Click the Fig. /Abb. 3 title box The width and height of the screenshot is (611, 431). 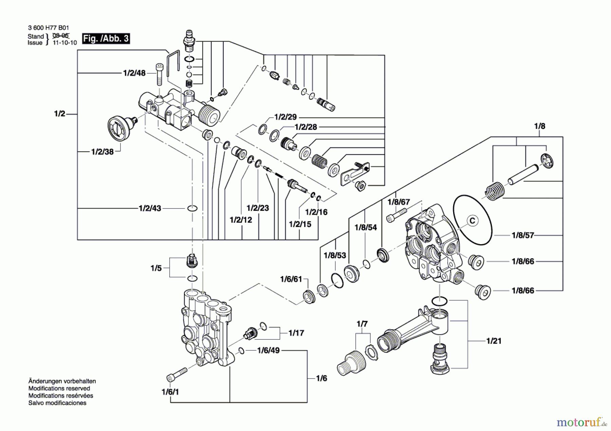click(x=106, y=38)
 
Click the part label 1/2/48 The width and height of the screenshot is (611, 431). click(x=134, y=73)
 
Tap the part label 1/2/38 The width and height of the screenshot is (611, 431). click(x=102, y=152)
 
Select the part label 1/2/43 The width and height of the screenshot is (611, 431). click(x=150, y=208)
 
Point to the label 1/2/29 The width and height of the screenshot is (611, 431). click(x=285, y=117)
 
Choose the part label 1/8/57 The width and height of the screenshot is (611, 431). click(x=523, y=235)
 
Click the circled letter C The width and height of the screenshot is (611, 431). click(x=472, y=221)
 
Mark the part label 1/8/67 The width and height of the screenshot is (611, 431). click(x=399, y=202)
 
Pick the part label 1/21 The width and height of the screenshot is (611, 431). click(x=494, y=341)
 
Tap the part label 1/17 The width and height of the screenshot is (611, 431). click(x=296, y=333)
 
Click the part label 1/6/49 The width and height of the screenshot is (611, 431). click(x=268, y=350)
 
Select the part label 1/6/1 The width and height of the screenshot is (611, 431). click(x=170, y=392)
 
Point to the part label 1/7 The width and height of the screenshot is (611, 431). click(x=362, y=324)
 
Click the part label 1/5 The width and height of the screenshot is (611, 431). click(x=156, y=268)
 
